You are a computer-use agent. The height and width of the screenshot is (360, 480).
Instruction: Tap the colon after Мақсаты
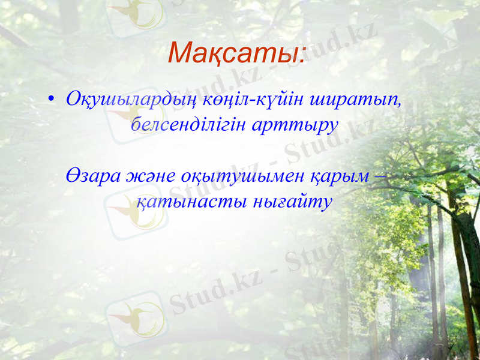click(x=301, y=58)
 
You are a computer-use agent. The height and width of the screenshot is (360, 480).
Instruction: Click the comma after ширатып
click(x=398, y=103)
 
